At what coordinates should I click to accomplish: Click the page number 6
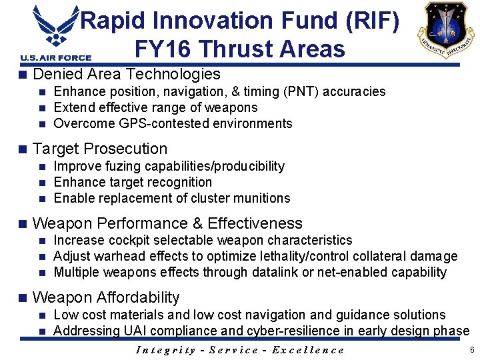tap(471, 350)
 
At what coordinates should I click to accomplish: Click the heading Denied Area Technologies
tap(126, 74)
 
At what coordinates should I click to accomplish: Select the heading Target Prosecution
tap(100, 149)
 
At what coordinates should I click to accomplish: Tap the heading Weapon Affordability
tap(106, 297)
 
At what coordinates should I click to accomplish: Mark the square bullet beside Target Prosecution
tap(23, 149)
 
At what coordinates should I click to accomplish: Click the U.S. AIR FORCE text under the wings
tap(51, 58)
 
